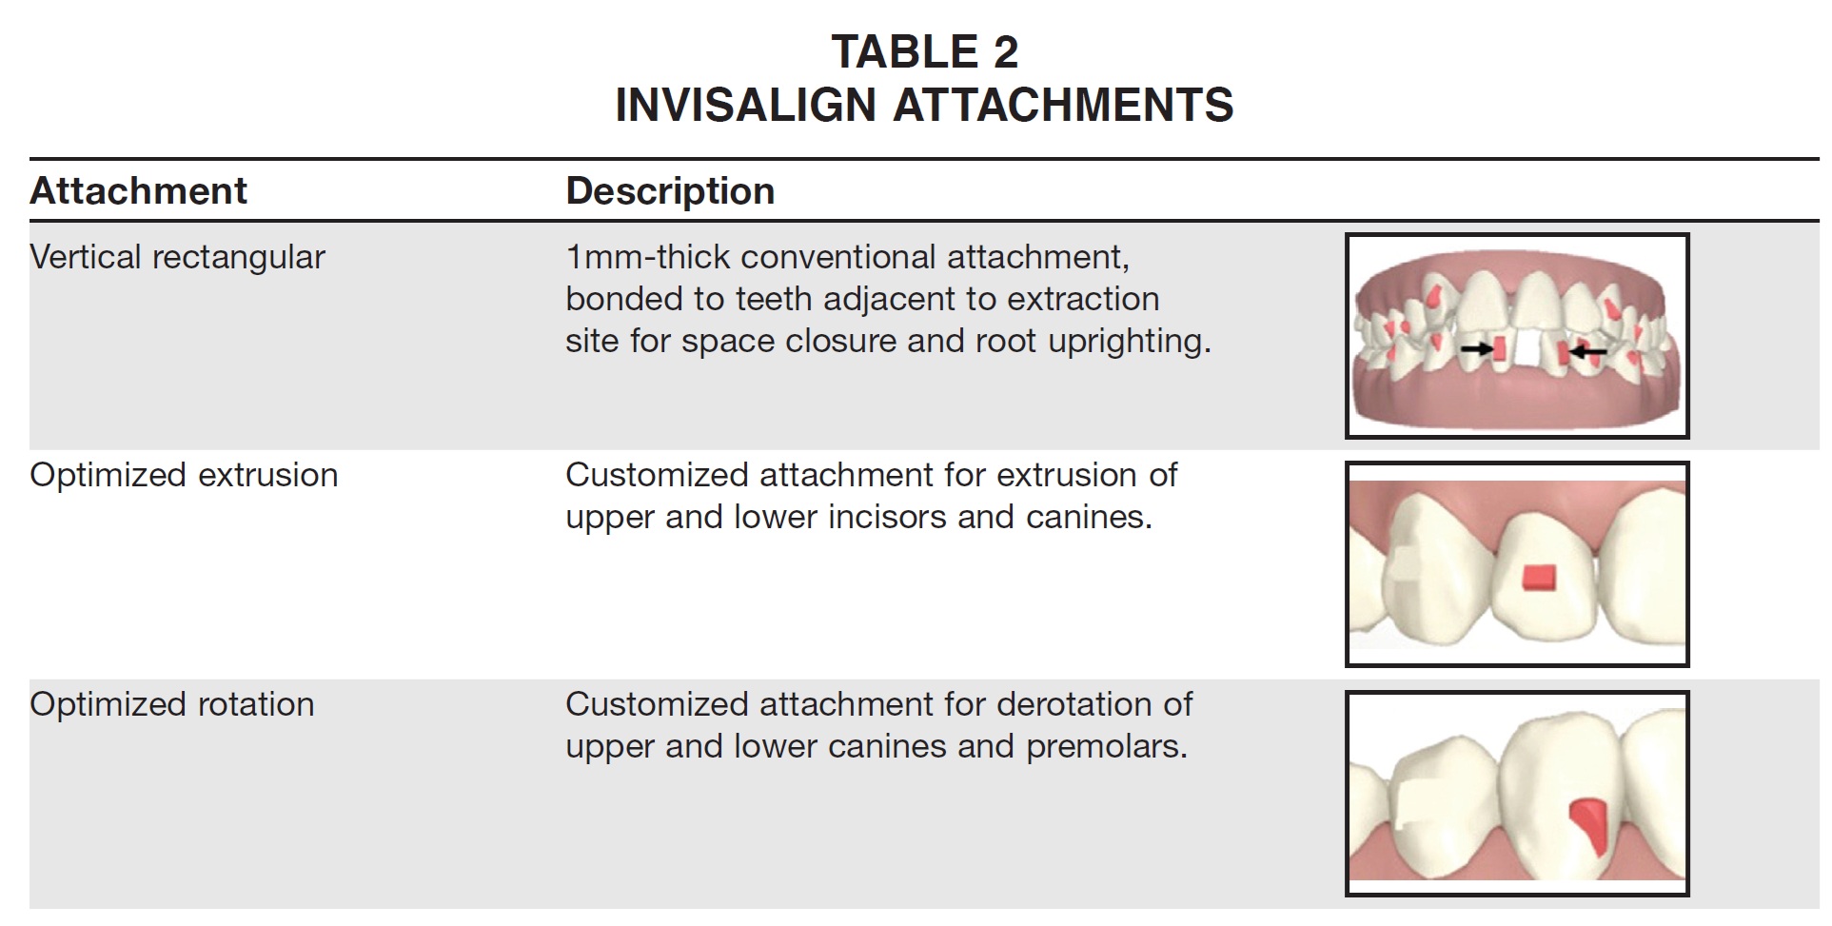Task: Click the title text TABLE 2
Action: point(925,51)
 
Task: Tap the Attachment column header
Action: point(139,191)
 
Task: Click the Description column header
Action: point(670,191)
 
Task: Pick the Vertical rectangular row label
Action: point(178,257)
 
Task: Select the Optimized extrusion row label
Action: point(185,475)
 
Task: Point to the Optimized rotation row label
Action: point(172,704)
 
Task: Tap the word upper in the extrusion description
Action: point(610,518)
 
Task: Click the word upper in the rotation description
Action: point(610,747)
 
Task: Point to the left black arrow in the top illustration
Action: point(1477,349)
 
